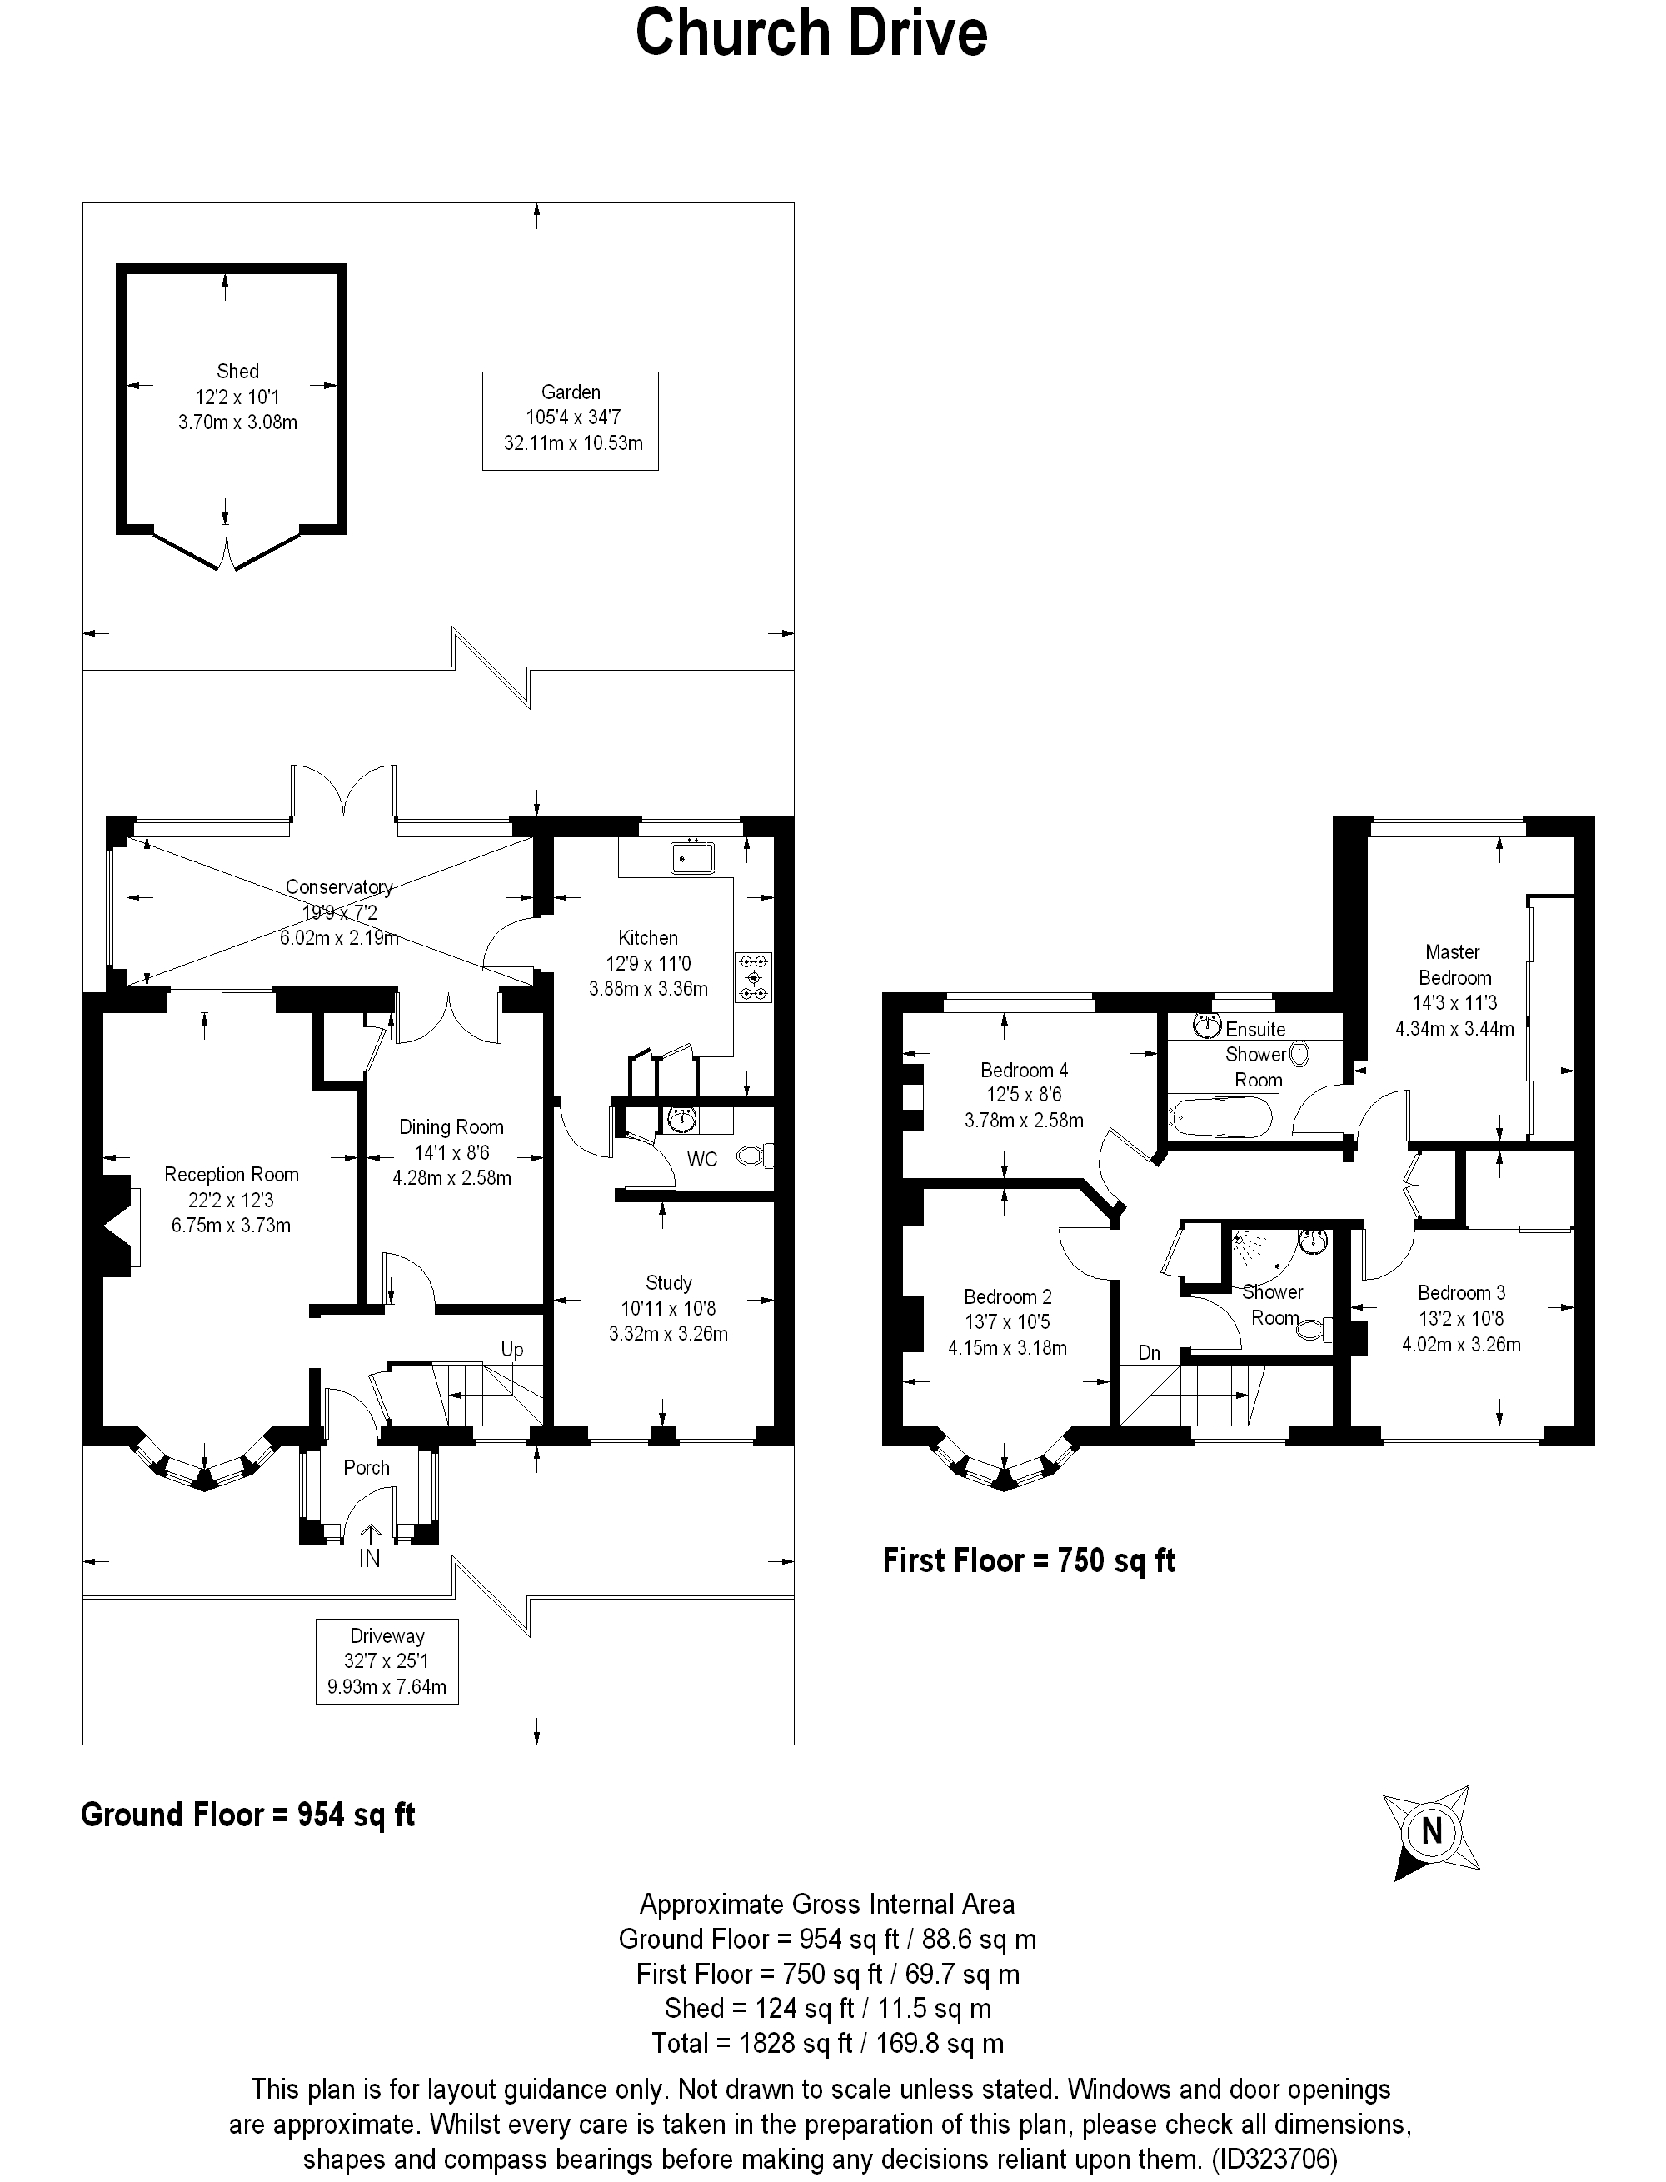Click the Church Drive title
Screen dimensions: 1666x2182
[x=811, y=32]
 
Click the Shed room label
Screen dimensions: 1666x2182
[x=238, y=371]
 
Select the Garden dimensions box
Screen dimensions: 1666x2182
[x=571, y=421]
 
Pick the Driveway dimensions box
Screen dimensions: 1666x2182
[x=387, y=1661]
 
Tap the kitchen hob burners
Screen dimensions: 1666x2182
[x=754, y=977]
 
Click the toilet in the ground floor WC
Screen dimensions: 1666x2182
[x=756, y=1156]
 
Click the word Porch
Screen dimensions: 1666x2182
[x=367, y=1468]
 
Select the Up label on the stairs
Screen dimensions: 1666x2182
[x=511, y=1350]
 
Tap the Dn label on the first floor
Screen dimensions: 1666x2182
[x=1150, y=1353]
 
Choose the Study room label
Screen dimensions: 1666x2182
[x=668, y=1282]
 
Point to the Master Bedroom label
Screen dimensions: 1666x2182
[x=1454, y=964]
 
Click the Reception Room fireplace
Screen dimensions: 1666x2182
[x=117, y=1226]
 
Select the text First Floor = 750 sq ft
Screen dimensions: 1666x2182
[x=1030, y=1560]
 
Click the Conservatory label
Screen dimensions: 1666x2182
[x=339, y=886]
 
